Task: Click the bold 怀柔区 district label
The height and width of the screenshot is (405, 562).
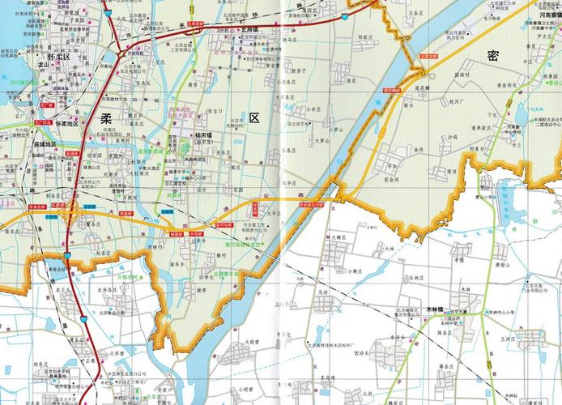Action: click(59, 59)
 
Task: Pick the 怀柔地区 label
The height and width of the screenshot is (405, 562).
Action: click(67, 123)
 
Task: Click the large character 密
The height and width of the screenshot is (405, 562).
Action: click(493, 55)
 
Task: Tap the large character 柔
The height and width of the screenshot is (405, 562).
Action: click(106, 118)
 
